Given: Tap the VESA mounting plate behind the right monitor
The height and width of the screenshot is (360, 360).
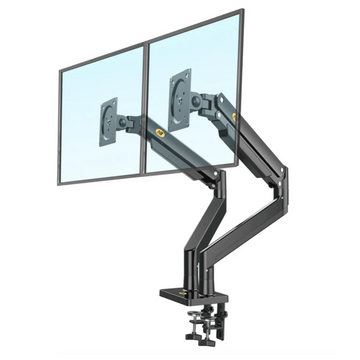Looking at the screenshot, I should click(180, 92).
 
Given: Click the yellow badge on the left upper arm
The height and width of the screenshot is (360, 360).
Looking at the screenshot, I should click(161, 129).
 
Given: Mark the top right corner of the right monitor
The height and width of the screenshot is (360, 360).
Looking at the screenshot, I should click(242, 13).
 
